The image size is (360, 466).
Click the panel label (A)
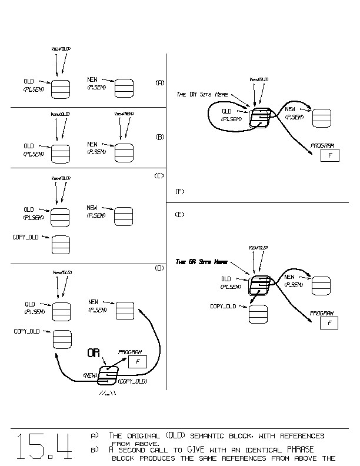[x=159, y=82]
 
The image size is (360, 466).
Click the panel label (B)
[x=159, y=137]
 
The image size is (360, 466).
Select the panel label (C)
[x=159, y=176]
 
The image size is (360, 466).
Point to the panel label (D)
[x=159, y=268]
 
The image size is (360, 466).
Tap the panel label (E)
[x=180, y=214]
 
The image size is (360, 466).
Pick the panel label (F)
[x=180, y=191]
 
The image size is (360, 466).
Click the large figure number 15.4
[x=44, y=447]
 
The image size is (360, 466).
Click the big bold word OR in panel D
[x=94, y=353]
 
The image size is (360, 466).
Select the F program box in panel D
[x=137, y=362]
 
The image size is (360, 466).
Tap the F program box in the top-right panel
[x=330, y=155]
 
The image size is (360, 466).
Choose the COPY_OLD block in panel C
[x=61, y=244]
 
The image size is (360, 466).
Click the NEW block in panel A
[x=124, y=88]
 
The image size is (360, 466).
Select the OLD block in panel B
[x=61, y=152]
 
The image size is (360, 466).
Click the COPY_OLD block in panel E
[x=258, y=314]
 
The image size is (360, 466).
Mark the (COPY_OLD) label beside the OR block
[x=133, y=381]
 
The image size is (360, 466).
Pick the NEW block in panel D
[x=125, y=309]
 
